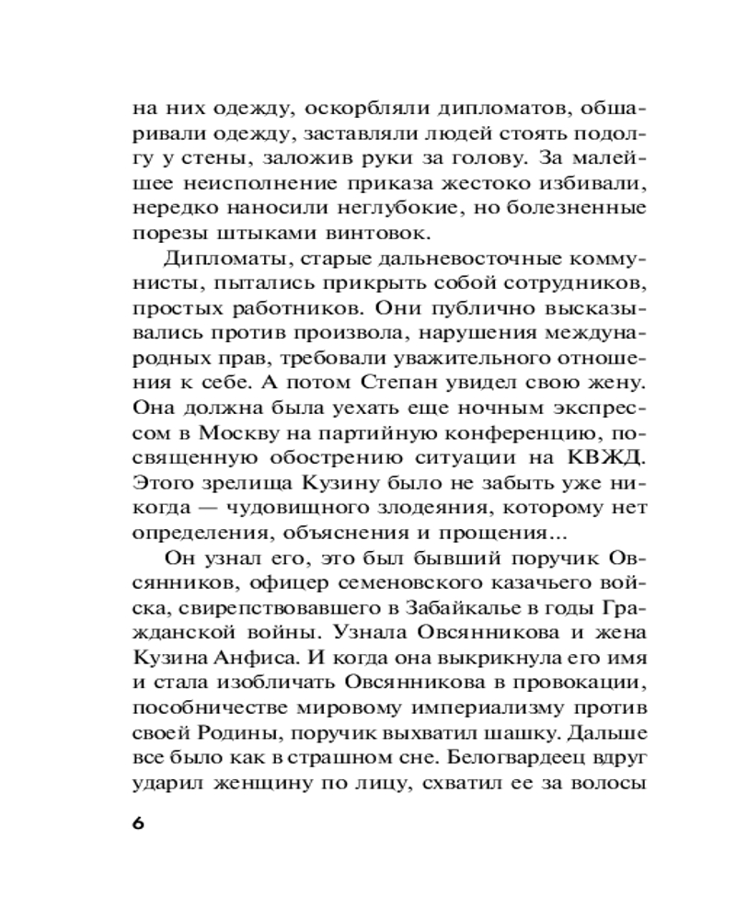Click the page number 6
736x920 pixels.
pos(139,822)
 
